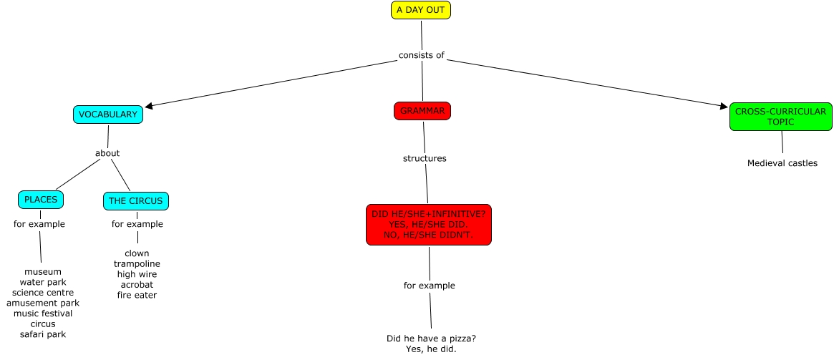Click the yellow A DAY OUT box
[x=421, y=10]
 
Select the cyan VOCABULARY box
[x=107, y=115]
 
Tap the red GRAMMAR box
[x=422, y=111]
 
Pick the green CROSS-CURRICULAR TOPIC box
[x=780, y=117]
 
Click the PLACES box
[x=40, y=199]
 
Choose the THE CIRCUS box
[x=136, y=201]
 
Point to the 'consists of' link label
[x=422, y=55]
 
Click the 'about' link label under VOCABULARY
[x=107, y=152]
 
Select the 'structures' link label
[x=425, y=158]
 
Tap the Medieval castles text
[x=782, y=163]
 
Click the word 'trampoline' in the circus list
[x=137, y=264]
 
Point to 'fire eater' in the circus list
[x=137, y=295]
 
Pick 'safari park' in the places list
[x=43, y=334]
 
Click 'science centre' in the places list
[x=43, y=293]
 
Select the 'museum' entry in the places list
[x=43, y=272]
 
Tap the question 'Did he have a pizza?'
[x=431, y=339]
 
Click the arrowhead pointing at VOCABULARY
[x=149, y=106]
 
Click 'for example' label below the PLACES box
[x=39, y=224]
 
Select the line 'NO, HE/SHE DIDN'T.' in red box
[x=429, y=235]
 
